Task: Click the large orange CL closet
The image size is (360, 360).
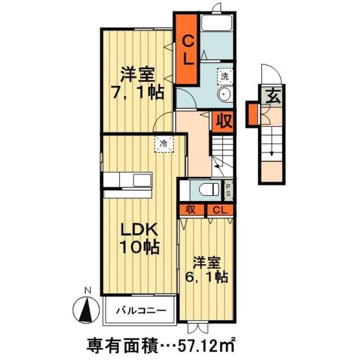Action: (187, 49)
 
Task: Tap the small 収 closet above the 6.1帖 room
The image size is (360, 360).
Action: (191, 210)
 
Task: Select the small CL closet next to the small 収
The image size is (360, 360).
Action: (220, 210)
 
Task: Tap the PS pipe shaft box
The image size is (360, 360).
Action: (229, 190)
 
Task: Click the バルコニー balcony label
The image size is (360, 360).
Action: (141, 310)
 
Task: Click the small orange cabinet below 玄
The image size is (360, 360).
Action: (254, 113)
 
